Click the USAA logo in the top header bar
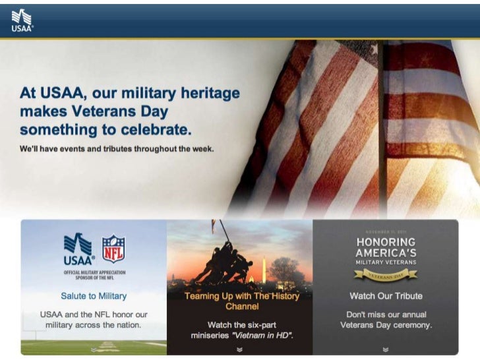click(22, 20)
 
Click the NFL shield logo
click(113, 249)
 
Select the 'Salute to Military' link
click(94, 296)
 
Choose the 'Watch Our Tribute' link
click(386, 296)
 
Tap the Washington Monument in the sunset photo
click(263, 268)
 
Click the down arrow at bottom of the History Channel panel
click(239, 349)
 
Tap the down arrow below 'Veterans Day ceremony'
click(386, 349)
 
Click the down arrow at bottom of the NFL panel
click(94, 349)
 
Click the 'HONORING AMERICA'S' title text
click(386, 247)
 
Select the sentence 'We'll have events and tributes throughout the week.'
click(117, 149)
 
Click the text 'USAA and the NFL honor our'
click(94, 315)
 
